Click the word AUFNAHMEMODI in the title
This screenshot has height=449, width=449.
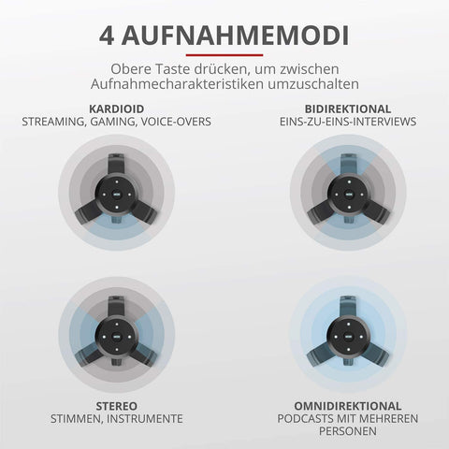pos(235,36)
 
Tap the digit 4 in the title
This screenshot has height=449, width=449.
pos(107,36)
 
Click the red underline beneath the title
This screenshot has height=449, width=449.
pos(224,55)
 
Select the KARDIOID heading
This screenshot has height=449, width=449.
pos(116,109)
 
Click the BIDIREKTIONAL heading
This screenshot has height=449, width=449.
pos(348,109)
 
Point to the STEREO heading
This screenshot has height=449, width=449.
pos(116,406)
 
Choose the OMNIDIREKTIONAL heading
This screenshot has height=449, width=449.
pos(348,406)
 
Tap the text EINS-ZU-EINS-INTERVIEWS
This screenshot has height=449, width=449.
pos(348,122)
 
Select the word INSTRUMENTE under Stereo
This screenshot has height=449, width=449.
pos(145,419)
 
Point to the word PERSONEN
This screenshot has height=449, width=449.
pos(348,431)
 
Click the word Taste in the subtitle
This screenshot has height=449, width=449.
pos(173,69)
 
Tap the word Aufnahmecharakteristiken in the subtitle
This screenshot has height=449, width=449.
pos(177,84)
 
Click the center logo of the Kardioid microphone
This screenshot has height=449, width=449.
pos(117,195)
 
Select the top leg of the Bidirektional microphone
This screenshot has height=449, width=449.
pos(349,165)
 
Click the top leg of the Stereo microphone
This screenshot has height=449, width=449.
pos(116,307)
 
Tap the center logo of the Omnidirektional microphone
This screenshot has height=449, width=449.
pos(349,337)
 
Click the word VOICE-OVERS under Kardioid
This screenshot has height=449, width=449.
pos(176,122)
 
